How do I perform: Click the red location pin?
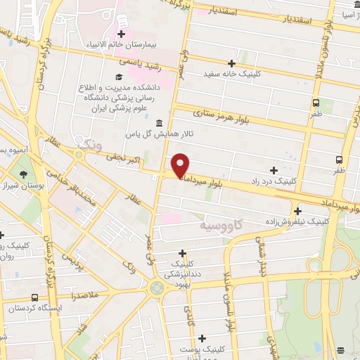pyautogui.click(x=181, y=165)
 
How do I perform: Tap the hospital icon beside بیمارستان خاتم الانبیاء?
pyautogui.click(x=122, y=34)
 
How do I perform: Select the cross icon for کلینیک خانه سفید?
pyautogui.click(x=232, y=63)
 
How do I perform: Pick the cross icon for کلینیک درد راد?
pyautogui.click(x=274, y=171)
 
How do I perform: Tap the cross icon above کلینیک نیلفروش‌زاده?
pyautogui.click(x=298, y=211)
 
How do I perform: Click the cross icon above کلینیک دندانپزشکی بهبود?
pyautogui.click(x=183, y=253)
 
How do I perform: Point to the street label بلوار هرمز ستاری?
pyautogui.click(x=222, y=117)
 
